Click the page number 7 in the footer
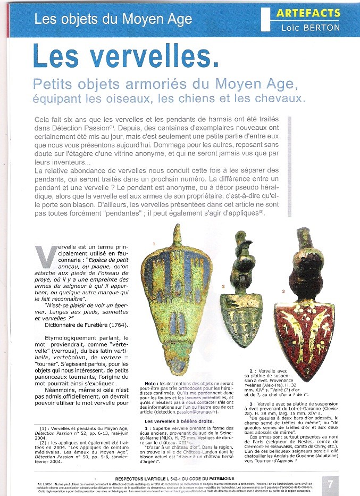click(331, 484)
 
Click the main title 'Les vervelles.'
click(125, 56)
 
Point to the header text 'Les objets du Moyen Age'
click(113, 20)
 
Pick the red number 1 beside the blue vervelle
click(153, 244)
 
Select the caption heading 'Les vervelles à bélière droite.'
click(179, 422)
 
